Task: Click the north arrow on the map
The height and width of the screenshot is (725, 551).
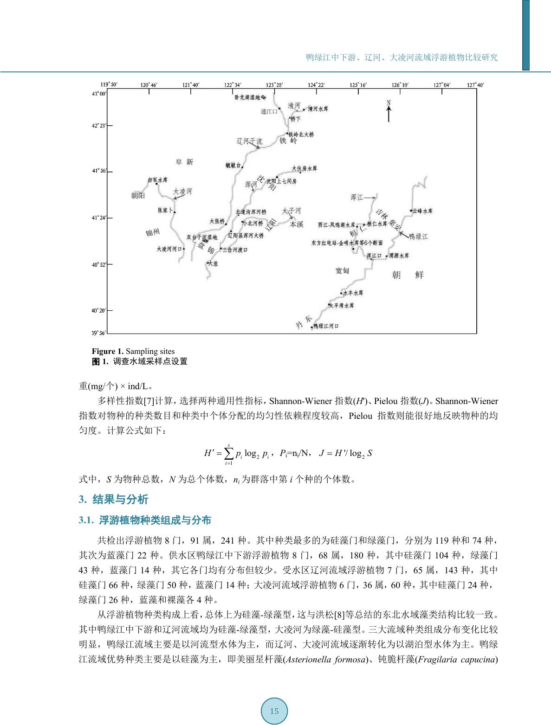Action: [x=389, y=112]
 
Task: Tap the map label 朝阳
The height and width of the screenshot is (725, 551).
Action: [x=138, y=196]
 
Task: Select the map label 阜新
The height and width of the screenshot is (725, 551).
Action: [x=184, y=162]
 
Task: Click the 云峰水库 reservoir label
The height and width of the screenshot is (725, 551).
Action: [x=422, y=211]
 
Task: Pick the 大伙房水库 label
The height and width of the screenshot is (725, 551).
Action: [x=304, y=169]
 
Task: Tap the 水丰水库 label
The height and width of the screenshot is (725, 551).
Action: [x=353, y=293]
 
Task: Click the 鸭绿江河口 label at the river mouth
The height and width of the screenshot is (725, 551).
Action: [x=326, y=326]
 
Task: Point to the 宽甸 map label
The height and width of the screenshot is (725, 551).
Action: [x=342, y=270]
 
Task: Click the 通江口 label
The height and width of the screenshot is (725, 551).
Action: [x=269, y=112]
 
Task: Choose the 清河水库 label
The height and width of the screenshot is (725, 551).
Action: [x=318, y=109]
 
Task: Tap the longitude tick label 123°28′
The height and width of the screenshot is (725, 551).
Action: [x=275, y=85]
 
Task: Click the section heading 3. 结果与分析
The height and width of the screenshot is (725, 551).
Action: [x=114, y=500]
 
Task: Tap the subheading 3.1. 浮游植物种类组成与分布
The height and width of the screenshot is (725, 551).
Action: [x=145, y=520]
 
